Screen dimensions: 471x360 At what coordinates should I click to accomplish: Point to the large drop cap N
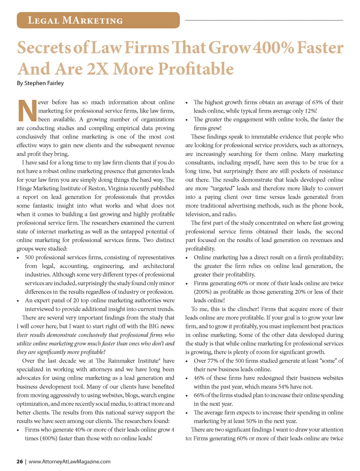tap(27, 111)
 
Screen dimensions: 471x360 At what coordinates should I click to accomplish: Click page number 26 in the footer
tap(19, 461)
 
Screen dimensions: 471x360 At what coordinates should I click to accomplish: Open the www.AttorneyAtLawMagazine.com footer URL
tap(69, 461)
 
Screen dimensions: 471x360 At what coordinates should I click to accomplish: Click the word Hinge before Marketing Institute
tap(24, 188)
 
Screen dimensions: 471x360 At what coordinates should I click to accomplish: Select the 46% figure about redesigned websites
tap(199, 378)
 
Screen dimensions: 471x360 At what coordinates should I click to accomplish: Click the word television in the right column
tap(198, 214)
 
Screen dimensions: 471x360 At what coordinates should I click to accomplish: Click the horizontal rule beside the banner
tap(264, 20)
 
